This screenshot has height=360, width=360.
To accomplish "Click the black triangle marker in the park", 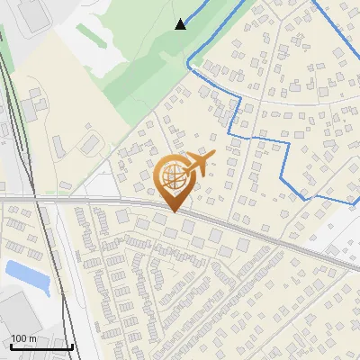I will pos(181,23).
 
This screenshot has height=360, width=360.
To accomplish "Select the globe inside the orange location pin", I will pos(173,179).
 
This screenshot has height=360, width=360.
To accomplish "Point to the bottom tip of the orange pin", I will pos(173,211).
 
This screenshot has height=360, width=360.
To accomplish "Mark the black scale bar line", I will pos(41,346).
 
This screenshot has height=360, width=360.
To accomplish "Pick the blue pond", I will pos(26,274).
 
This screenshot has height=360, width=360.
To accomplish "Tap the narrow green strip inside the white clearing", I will pos(93,37).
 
